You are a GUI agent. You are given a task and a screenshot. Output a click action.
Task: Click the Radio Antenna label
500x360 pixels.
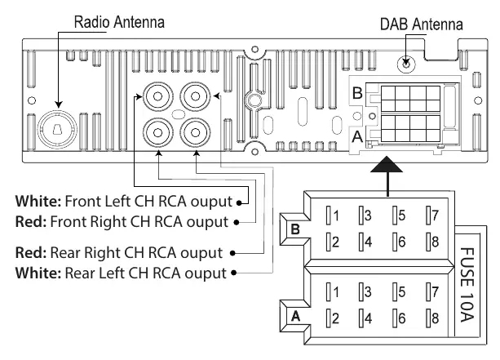(119, 22)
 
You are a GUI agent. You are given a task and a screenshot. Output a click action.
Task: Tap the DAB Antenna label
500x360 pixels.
(421, 24)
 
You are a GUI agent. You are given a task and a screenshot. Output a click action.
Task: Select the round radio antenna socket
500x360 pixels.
(57, 129)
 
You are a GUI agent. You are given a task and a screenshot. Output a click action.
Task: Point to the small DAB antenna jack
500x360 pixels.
(406, 64)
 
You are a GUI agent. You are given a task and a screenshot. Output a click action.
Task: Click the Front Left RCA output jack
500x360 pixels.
(158, 96)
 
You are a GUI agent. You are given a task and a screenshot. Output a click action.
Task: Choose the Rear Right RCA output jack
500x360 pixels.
(195, 132)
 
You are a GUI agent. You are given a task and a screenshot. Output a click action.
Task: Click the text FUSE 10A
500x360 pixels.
(467, 285)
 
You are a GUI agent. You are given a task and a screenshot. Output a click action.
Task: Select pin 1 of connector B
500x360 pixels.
(332, 216)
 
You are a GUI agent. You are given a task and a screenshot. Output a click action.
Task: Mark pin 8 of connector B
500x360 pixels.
(433, 242)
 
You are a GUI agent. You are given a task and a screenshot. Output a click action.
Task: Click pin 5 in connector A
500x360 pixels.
(399, 291)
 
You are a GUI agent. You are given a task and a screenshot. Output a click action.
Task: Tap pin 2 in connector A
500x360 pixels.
(332, 318)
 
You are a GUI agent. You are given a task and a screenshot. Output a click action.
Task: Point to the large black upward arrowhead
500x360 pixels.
(387, 164)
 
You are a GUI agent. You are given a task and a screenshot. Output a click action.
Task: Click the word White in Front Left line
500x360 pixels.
(38, 202)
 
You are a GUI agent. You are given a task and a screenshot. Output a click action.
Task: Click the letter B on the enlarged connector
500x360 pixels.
(295, 229)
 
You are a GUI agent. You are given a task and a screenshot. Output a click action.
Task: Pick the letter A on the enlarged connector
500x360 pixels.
(295, 316)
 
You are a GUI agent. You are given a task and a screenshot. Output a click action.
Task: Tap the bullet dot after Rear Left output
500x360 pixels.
(234, 273)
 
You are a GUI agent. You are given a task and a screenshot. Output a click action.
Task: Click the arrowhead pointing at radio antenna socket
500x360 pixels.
(59, 104)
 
